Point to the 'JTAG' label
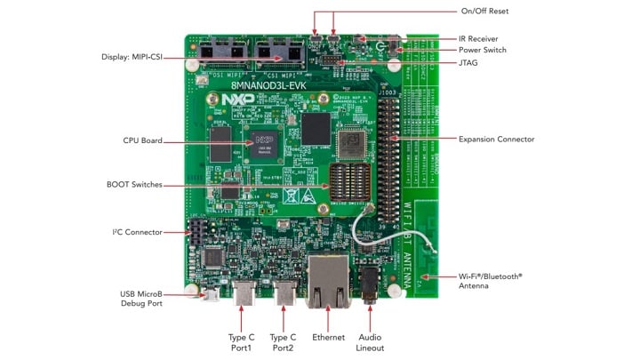click(x=469, y=63)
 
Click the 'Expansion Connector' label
click(x=495, y=139)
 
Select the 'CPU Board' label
click(x=142, y=140)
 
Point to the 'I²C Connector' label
click(x=137, y=232)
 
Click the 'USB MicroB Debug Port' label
click(x=140, y=298)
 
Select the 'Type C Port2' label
click(x=283, y=343)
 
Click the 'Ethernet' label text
click(x=328, y=338)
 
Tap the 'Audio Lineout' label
click(x=371, y=343)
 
